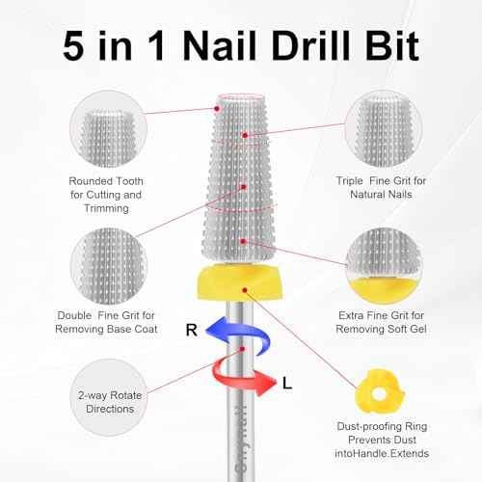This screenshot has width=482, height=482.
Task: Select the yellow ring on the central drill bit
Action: [x=241, y=281]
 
